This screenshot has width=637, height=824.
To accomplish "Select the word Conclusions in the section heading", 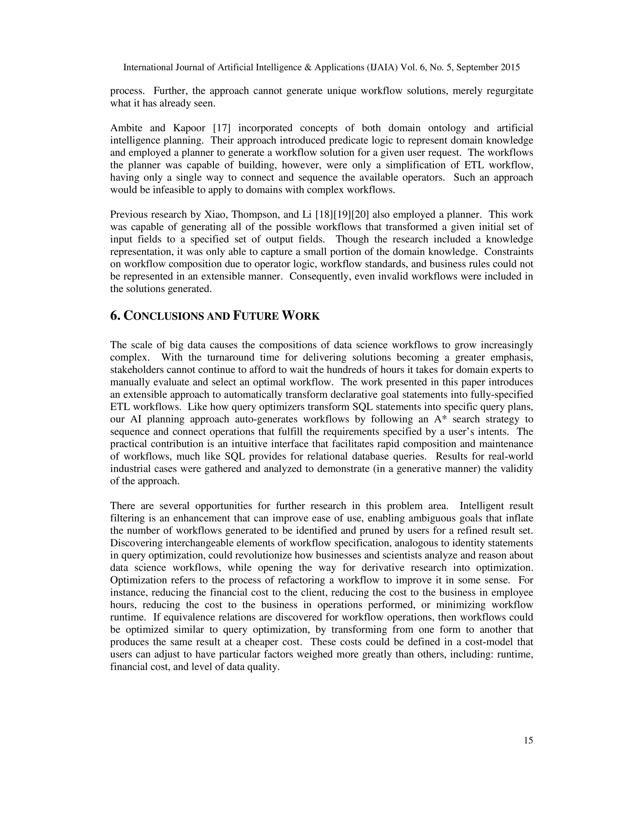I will point(164,316).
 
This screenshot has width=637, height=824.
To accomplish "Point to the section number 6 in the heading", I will point(114,316).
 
